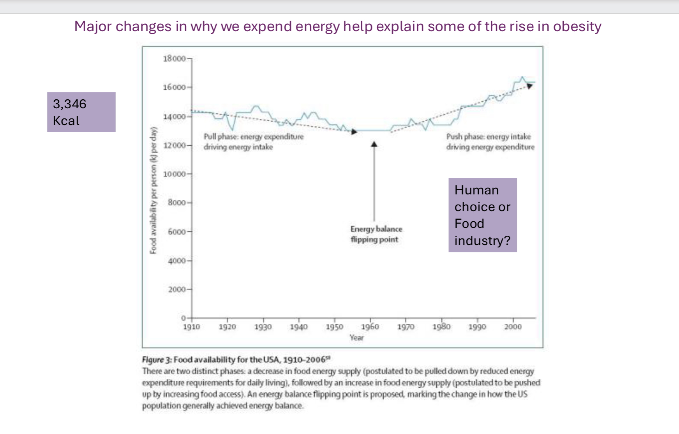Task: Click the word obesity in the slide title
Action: click(x=577, y=26)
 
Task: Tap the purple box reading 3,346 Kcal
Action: click(x=81, y=112)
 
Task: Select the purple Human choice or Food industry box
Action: click(x=482, y=215)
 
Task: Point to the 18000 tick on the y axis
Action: click(x=174, y=58)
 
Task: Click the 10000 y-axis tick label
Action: click(x=174, y=174)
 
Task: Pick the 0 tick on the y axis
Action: click(x=183, y=318)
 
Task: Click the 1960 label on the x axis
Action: click(x=370, y=327)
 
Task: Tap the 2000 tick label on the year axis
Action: click(x=513, y=327)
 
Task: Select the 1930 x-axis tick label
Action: click(x=263, y=327)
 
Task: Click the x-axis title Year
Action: click(x=356, y=338)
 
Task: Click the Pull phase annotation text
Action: click(x=253, y=142)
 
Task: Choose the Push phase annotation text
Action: click(x=490, y=142)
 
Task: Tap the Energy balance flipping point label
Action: click(x=376, y=234)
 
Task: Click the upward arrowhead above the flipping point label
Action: click(x=374, y=144)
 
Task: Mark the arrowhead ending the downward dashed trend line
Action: click(x=354, y=132)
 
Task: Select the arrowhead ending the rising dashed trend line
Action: click(x=529, y=86)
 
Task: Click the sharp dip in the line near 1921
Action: click(x=233, y=130)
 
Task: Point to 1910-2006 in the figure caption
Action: click(x=304, y=360)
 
